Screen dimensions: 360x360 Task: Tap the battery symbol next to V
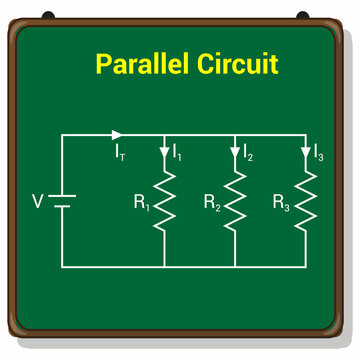click(62, 201)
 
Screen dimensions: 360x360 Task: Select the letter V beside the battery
click(38, 201)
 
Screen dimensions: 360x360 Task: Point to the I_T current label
click(120, 153)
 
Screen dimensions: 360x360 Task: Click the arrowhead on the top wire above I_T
click(117, 134)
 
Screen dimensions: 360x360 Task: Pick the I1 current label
click(177, 153)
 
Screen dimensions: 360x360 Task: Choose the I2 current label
click(248, 153)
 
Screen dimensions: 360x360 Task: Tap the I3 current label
click(318, 153)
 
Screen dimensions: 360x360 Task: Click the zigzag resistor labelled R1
click(164, 200)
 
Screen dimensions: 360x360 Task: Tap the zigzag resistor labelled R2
click(235, 200)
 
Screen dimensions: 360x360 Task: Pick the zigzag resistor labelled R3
click(305, 200)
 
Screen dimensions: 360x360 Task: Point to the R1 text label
click(141, 202)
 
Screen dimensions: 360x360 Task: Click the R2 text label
click(211, 202)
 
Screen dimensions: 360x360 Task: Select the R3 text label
click(281, 202)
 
